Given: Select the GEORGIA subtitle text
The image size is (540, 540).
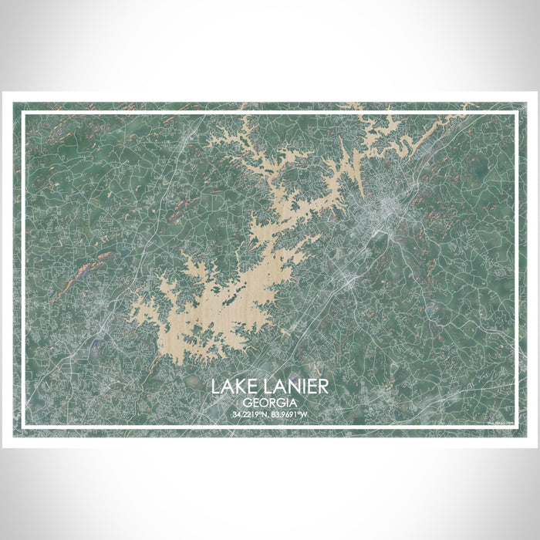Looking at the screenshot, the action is pos(270,402).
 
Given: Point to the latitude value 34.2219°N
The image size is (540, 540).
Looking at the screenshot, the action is pos(248,415).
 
